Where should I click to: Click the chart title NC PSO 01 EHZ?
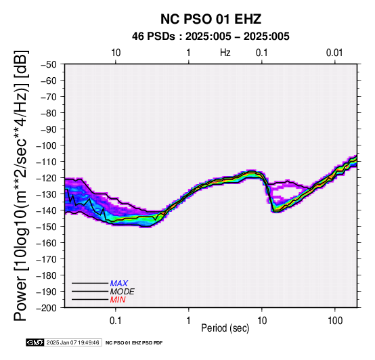point(211,19)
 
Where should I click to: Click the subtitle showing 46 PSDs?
point(211,37)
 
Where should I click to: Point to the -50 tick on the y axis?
point(49,64)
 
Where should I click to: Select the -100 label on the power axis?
point(47,145)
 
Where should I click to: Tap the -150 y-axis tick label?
point(47,227)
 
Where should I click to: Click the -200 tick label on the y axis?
point(47,308)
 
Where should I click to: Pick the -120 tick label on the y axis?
point(47,178)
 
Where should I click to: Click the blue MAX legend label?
point(119,284)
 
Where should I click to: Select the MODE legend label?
point(123,292)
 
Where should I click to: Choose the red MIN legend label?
point(118,300)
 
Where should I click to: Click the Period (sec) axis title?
point(225,328)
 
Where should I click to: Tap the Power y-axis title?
point(20,185)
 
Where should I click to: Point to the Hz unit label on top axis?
point(225,53)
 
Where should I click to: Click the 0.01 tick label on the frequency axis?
point(334,53)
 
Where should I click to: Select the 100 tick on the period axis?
point(335,321)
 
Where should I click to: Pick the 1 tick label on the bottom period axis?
point(189,321)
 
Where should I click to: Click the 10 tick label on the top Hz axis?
point(116,53)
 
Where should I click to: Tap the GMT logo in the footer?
point(35,342)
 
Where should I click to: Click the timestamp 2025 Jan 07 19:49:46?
point(73,342)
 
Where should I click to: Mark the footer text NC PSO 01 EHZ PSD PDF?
point(134,343)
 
